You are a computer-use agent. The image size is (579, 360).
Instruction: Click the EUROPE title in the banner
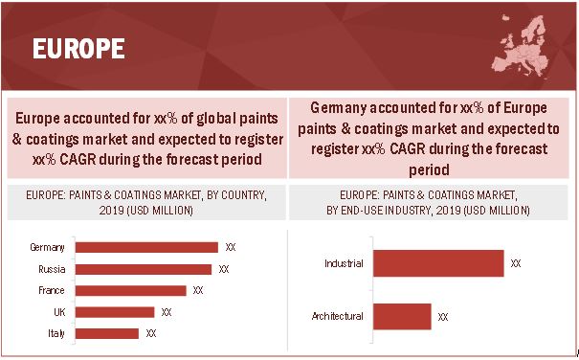(x=79, y=48)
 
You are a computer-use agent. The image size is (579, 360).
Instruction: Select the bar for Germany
(x=146, y=247)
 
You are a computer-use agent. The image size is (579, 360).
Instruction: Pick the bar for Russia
(x=144, y=269)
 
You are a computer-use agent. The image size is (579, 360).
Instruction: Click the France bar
(x=131, y=290)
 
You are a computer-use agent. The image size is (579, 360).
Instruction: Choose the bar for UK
(x=115, y=311)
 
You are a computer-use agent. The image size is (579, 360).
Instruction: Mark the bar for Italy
(x=107, y=333)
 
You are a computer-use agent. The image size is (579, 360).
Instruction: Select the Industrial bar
(x=438, y=262)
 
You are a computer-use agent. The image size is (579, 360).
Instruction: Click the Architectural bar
(x=402, y=316)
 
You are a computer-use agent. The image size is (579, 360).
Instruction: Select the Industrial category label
(x=344, y=262)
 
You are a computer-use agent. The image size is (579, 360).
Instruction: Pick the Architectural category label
(x=338, y=316)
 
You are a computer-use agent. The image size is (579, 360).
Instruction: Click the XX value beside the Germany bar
(x=231, y=247)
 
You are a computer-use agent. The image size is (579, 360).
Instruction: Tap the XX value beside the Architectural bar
(x=443, y=316)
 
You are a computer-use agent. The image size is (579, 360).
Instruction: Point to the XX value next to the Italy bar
(x=151, y=333)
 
